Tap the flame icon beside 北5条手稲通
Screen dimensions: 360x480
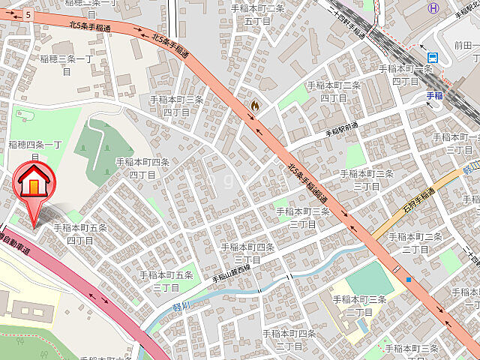[255, 106]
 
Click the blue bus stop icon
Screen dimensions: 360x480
[433, 58]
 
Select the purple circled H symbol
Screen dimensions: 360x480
[432, 8]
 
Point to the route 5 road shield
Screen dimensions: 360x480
[28, 14]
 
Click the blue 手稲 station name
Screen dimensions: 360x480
[434, 95]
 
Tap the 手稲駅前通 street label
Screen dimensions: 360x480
[341, 128]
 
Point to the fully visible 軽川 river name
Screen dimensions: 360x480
[178, 307]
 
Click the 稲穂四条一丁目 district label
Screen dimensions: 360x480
[34, 150]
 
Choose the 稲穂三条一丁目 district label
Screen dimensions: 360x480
[66, 64]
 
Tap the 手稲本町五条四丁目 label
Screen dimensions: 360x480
[79, 233]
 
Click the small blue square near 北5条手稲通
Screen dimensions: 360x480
[408, 280]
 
